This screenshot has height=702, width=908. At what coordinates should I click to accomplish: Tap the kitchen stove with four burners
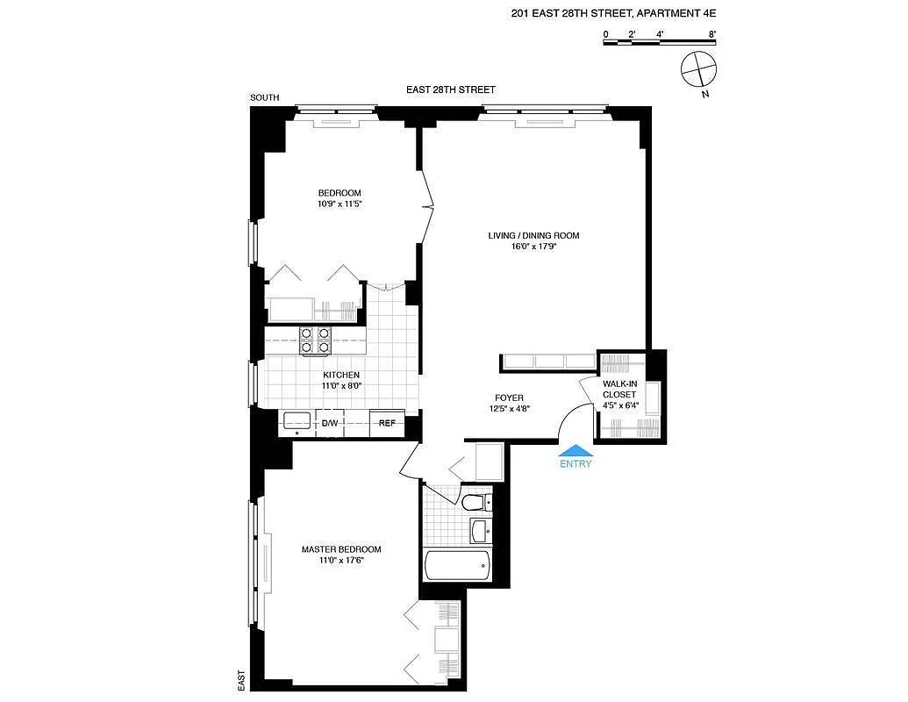315,340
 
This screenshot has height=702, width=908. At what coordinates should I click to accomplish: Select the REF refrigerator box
387,423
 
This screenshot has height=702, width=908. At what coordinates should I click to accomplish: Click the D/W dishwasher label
330,424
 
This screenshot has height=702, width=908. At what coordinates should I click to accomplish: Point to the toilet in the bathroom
477,502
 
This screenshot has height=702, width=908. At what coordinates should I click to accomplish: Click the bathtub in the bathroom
457,566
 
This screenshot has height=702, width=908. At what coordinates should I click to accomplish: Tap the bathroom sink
481,531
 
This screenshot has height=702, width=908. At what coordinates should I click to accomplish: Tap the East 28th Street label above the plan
451,90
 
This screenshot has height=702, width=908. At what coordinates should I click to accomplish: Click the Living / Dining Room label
533,236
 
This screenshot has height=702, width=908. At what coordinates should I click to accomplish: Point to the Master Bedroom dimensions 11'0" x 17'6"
341,560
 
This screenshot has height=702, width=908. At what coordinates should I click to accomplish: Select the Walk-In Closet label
619,389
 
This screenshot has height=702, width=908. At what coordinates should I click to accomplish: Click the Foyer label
509,398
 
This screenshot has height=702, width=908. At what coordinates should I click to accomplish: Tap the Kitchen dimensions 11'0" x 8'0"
341,386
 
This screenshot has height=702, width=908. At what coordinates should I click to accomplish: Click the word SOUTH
265,98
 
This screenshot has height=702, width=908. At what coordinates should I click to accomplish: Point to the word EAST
241,681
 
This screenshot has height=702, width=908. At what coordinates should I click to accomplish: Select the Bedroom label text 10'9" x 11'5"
340,204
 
